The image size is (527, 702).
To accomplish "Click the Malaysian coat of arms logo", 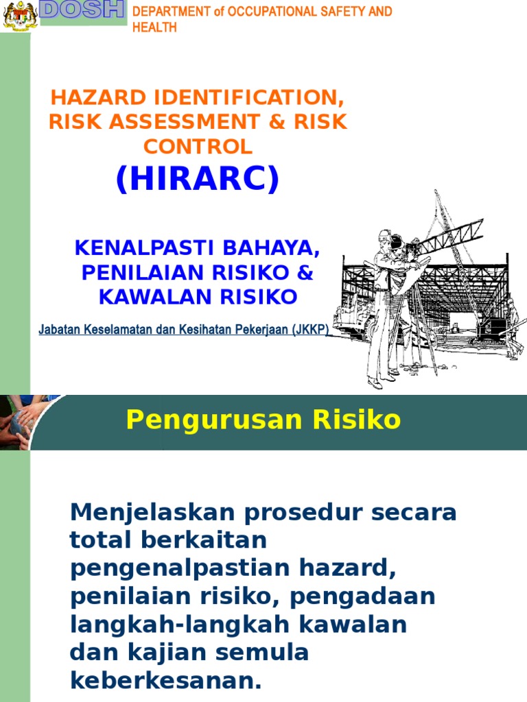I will click(20, 15).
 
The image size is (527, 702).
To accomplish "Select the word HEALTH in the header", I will click(154, 27).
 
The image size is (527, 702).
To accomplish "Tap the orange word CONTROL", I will click(198, 146).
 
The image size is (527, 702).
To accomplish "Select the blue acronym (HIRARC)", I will click(198, 179).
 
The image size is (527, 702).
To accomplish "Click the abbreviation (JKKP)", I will click(310, 330).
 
